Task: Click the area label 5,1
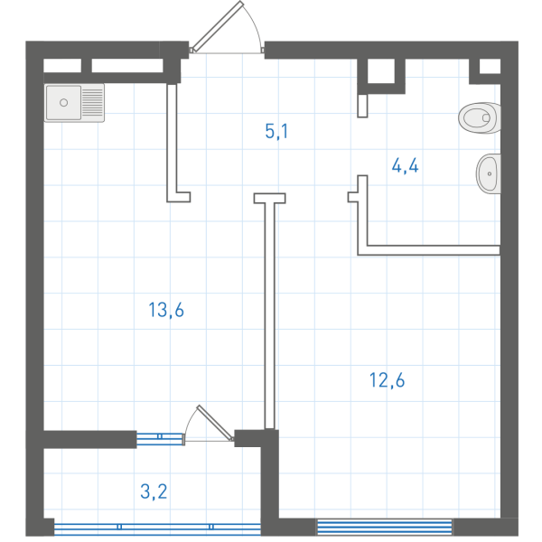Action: click(x=276, y=131)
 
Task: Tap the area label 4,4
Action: click(x=405, y=165)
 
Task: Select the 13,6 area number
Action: click(x=166, y=310)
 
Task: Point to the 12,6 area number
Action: click(x=387, y=380)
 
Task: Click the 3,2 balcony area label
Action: click(x=154, y=491)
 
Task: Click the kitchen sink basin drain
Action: click(x=63, y=102)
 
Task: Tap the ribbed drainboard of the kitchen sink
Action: click(x=93, y=102)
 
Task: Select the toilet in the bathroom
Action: click(x=480, y=117)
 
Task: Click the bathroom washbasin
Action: click(x=489, y=173)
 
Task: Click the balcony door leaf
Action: click(x=215, y=423)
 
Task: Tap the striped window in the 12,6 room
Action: click(x=385, y=528)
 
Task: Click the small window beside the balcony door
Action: click(x=159, y=438)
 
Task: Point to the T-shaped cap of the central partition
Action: click(x=269, y=198)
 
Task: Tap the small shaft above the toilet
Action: click(x=491, y=66)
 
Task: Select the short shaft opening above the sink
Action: click(x=62, y=66)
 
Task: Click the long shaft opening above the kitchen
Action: click(x=127, y=66)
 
